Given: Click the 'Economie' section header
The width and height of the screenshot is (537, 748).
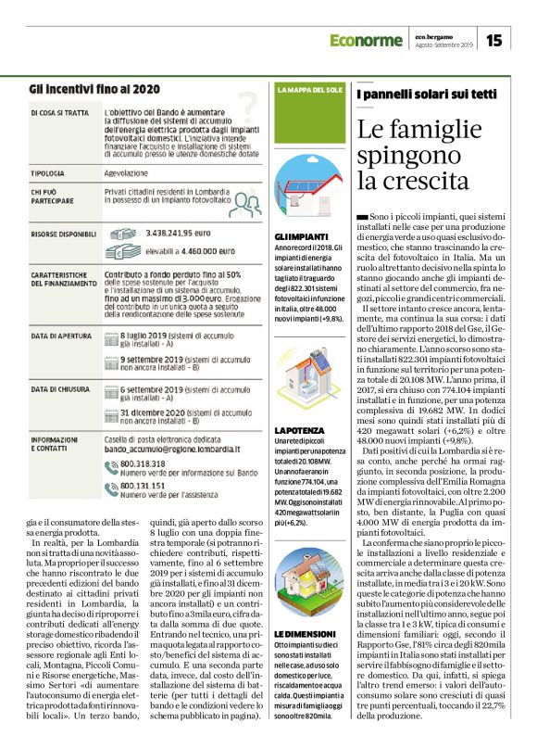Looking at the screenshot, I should pyautogui.click(x=368, y=40).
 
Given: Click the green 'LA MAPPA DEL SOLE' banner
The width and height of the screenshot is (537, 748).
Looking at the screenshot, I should pyautogui.click(x=310, y=91).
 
